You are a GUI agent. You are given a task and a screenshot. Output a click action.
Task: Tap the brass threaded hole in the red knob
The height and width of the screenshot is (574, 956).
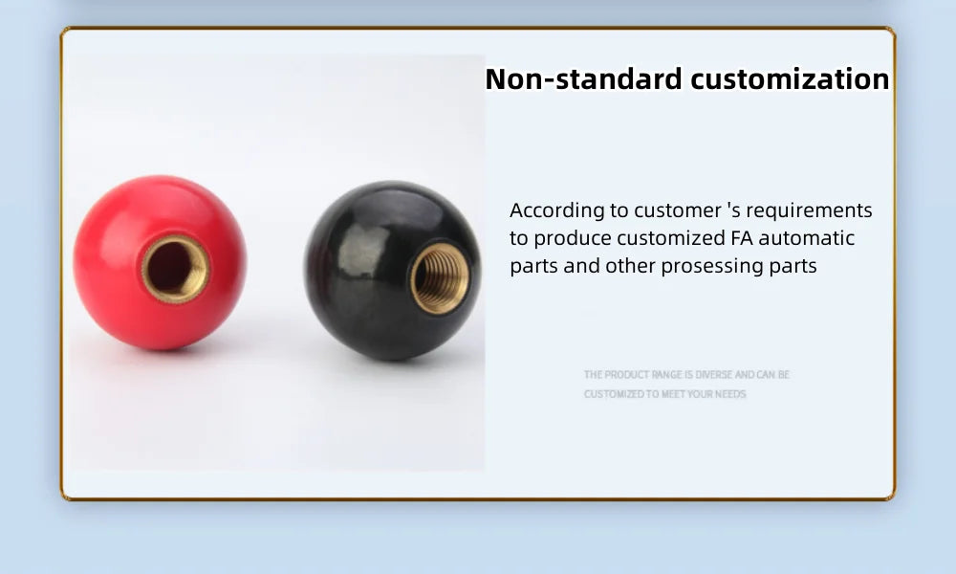tap(175, 269)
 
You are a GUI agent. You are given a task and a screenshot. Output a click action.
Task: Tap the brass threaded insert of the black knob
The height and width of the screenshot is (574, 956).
tap(440, 277)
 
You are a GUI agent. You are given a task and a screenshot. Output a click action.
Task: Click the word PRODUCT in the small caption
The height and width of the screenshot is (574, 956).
tap(625, 375)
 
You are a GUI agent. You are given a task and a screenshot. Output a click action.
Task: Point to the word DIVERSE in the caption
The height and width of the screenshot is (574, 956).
tap(713, 375)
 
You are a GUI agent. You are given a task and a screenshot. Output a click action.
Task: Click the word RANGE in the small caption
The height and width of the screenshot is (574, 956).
tap(666, 375)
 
